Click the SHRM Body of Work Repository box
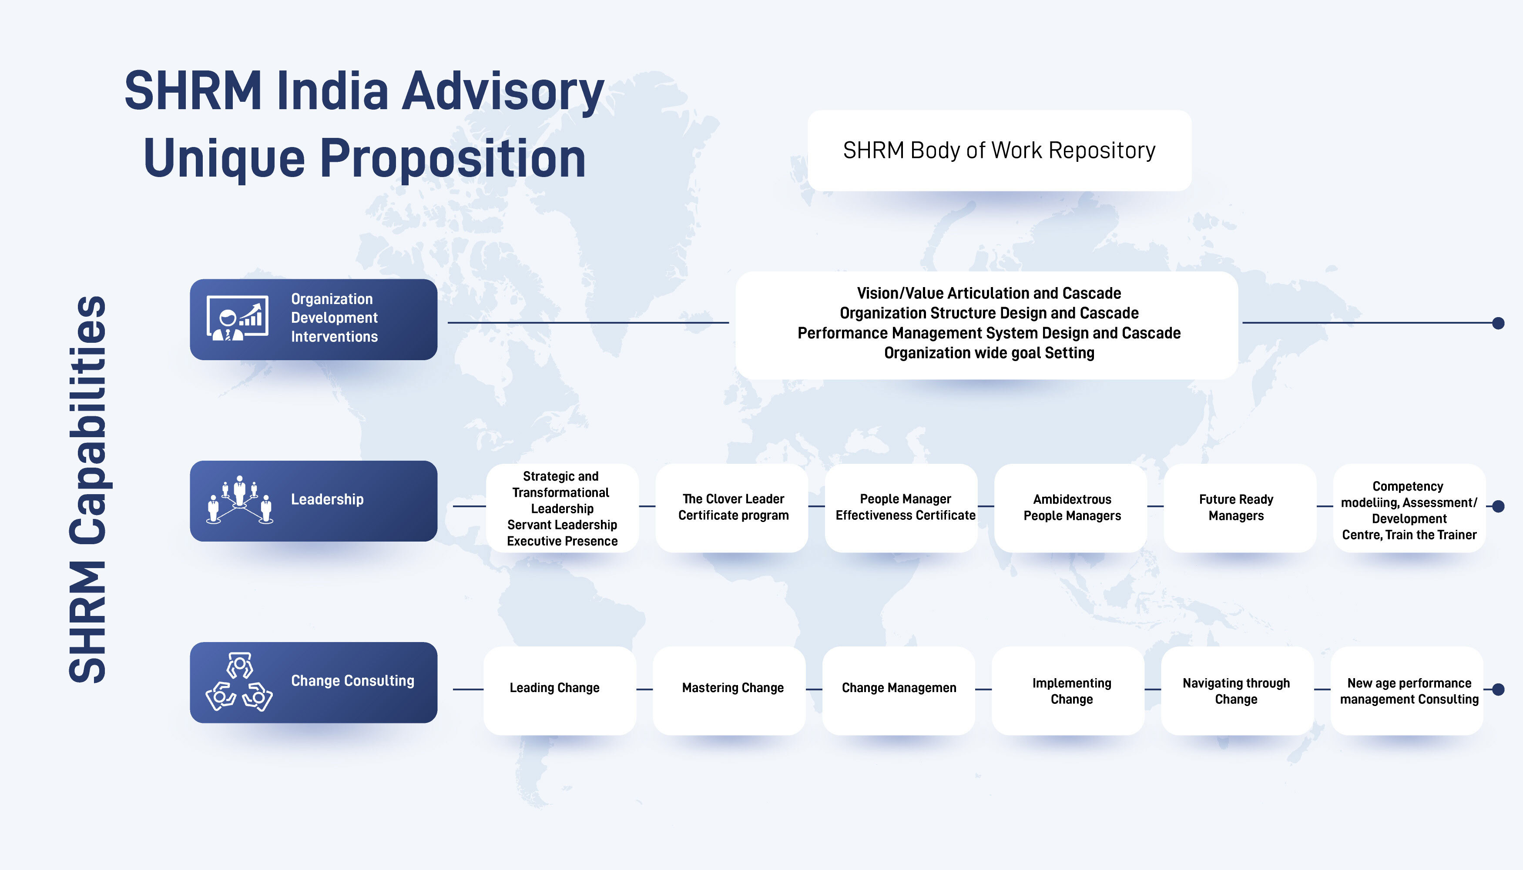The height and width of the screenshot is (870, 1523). pyautogui.click(x=1000, y=151)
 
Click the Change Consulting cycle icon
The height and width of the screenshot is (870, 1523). pyautogui.click(x=239, y=682)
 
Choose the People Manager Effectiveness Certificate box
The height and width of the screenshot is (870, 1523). pyautogui.click(x=901, y=508)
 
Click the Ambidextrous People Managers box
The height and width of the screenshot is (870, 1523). pyautogui.click(x=1070, y=508)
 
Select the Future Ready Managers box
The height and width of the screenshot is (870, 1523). pyautogui.click(x=1240, y=508)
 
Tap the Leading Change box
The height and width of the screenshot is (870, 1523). pyautogui.click(x=560, y=690)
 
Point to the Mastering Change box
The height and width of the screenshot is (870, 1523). pyautogui.click(x=729, y=690)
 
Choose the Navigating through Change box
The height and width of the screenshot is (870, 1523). pyautogui.click(x=1237, y=690)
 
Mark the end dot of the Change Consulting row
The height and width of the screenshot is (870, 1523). pyautogui.click(x=1498, y=689)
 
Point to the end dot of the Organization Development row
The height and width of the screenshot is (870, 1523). pyautogui.click(x=1498, y=323)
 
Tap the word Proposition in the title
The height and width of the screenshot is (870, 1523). pyautogui.click(x=453, y=158)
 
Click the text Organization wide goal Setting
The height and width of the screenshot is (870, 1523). pyautogui.click(x=989, y=353)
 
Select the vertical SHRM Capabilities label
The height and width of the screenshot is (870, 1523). pyautogui.click(x=88, y=489)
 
